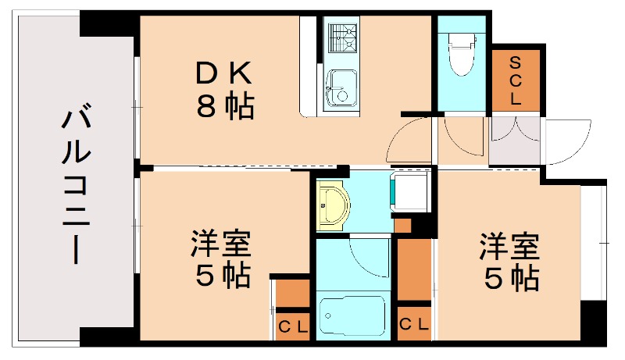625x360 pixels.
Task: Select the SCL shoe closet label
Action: [515, 80]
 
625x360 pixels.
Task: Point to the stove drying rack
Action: [341, 37]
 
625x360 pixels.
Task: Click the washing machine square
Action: [410, 192]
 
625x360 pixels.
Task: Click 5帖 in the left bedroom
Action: [221, 276]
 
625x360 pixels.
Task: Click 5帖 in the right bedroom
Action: [509, 278]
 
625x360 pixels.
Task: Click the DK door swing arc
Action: [406, 141]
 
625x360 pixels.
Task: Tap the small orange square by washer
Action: [402, 226]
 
